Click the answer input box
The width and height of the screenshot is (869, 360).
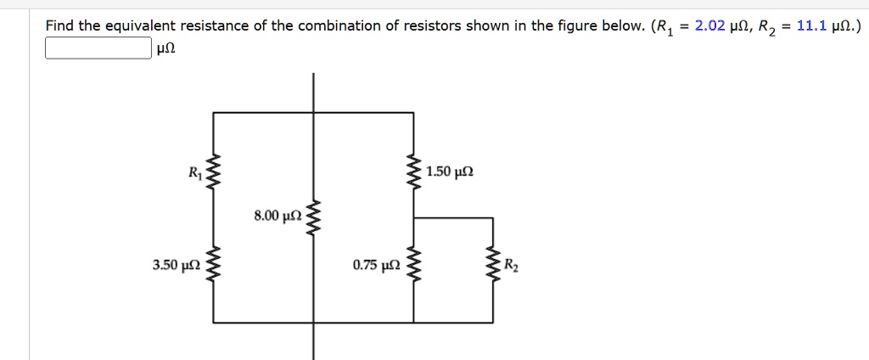[98, 48]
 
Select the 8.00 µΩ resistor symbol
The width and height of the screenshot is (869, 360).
[314, 219]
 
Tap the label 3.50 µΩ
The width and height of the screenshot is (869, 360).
[177, 266]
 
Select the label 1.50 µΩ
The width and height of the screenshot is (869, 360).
[451, 172]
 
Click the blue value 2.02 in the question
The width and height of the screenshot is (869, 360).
[709, 25]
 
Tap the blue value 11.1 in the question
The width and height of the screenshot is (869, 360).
[813, 25]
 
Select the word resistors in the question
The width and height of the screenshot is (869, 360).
[437, 25]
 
